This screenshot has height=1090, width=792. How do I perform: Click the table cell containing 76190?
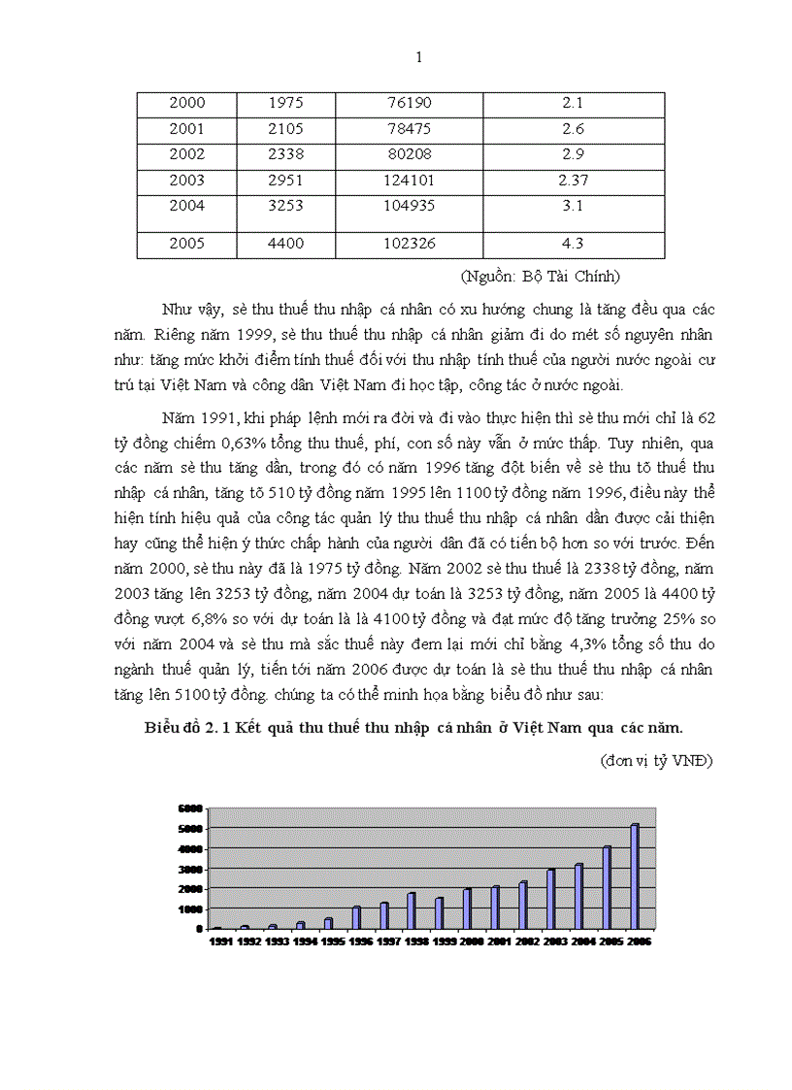coord(409,103)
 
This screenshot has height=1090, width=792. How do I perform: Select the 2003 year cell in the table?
coord(187,180)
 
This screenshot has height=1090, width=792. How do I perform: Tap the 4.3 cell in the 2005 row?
coord(574,244)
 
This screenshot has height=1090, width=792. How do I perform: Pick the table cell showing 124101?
coord(409,180)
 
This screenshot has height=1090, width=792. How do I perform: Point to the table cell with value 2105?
coord(286,128)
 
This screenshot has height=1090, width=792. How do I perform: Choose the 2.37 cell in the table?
coord(574,180)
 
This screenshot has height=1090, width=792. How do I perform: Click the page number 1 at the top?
coord(418,57)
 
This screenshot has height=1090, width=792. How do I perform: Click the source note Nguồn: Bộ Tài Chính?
coord(540,277)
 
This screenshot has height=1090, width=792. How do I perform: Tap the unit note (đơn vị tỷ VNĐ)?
coord(656,761)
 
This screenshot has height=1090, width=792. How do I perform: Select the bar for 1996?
coord(356,917)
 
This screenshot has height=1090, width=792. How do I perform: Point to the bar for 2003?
coord(551,899)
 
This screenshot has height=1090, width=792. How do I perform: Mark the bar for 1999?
coord(439,912)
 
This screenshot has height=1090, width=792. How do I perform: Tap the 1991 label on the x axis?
coord(220,941)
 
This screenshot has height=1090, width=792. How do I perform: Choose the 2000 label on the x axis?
coord(471,941)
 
